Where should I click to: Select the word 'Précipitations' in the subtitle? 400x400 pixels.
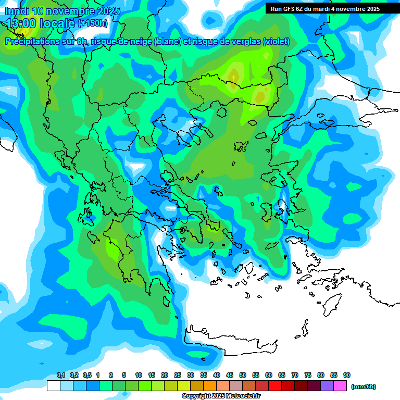[x=35, y=42]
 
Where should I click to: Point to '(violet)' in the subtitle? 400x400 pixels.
[x=276, y=42]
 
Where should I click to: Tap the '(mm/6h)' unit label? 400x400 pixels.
[x=363, y=386]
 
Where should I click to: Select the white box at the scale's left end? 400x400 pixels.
[x=53, y=386]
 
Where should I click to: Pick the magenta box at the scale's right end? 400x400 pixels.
[x=341, y=386]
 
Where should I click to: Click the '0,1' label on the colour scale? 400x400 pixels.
[x=60, y=376]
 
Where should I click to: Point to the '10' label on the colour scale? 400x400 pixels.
[x=139, y=376]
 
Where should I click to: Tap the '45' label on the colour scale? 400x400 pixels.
[x=230, y=376]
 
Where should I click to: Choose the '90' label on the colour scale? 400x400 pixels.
[x=347, y=376]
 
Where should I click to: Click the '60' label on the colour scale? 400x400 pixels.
[x=269, y=376]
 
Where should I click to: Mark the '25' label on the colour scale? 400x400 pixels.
[x=178, y=376]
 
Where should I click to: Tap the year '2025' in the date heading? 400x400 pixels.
[x=108, y=11]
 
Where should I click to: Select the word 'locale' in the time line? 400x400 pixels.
[x=58, y=23]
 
